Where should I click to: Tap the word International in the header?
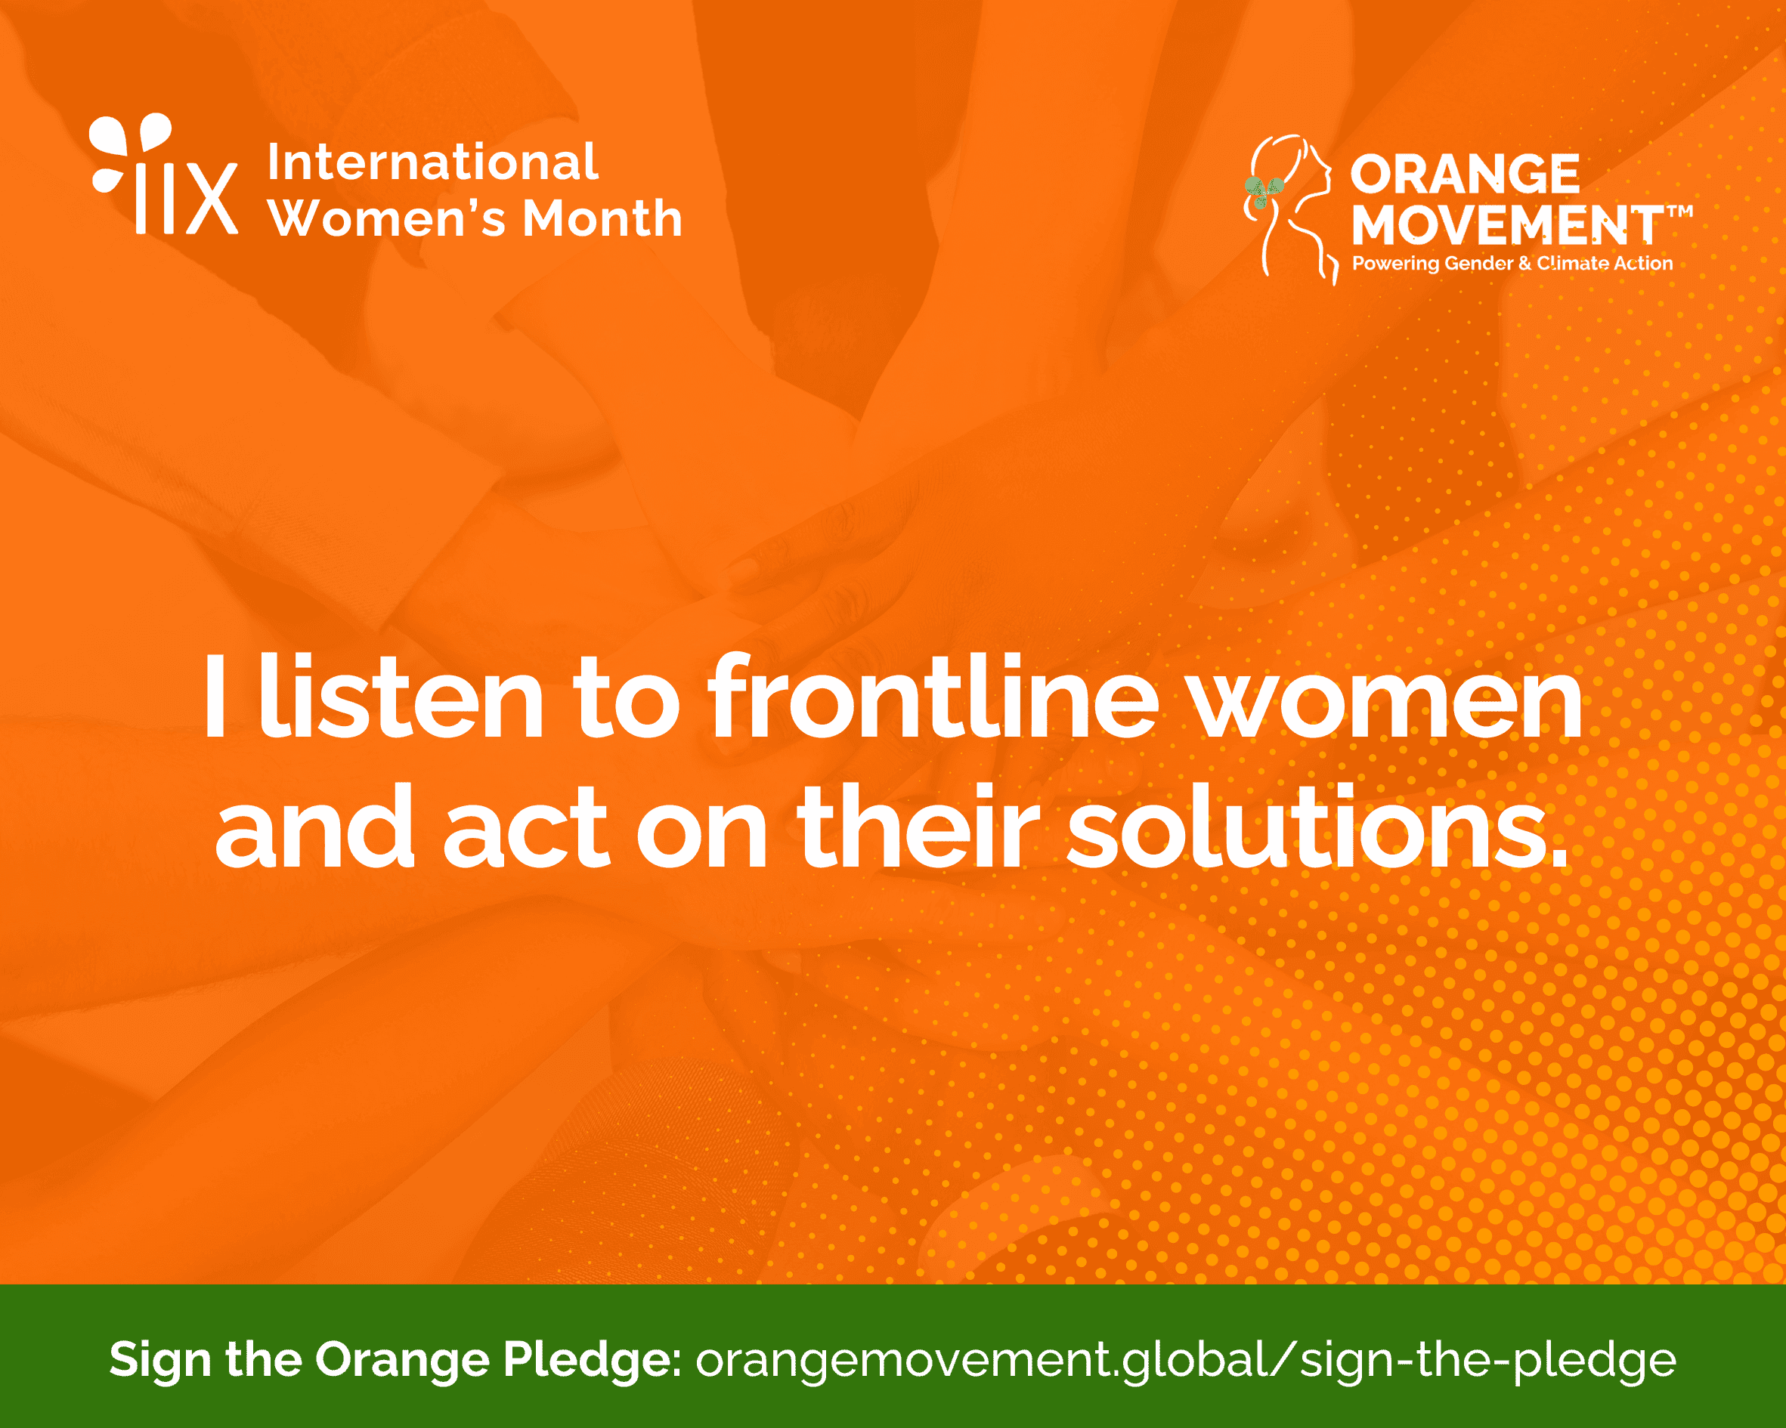432,162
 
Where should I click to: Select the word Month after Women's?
602,218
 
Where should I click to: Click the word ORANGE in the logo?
1465,174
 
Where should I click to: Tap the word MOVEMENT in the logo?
1507,225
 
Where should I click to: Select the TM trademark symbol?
1679,212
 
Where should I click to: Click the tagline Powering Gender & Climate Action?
1512,264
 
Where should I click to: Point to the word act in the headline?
526,827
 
